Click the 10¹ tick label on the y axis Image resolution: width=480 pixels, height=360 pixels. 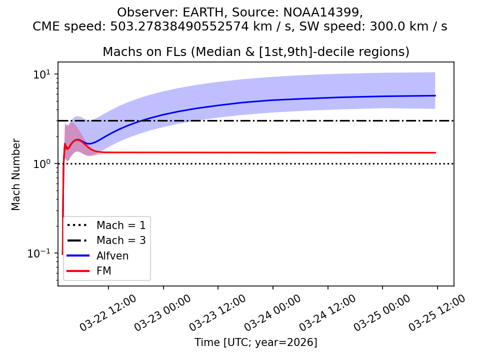42,74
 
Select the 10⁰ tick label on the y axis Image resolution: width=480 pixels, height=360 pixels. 42,164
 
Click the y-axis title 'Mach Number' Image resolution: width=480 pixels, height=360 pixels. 16,174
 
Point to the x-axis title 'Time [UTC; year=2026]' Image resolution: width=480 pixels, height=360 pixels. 256,342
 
